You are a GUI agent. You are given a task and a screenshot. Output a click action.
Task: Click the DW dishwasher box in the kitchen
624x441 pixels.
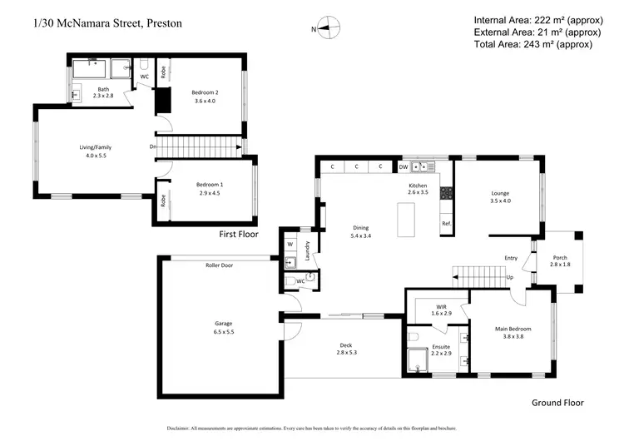click(403, 166)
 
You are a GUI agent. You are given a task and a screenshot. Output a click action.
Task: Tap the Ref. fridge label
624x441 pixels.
click(446, 224)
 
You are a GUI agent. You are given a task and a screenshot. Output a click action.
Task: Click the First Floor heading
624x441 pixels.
click(238, 235)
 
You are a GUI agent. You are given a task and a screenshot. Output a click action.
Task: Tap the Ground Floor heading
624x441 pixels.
click(557, 403)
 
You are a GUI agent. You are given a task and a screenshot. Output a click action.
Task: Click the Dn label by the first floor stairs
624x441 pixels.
click(153, 147)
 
